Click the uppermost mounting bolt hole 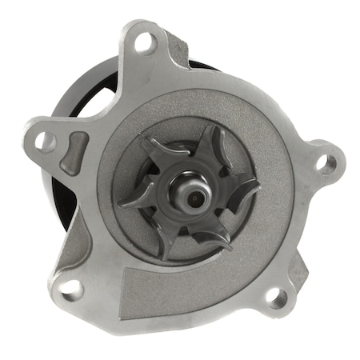tap(145, 42)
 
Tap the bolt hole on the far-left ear tap(45, 142)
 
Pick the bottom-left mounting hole tap(69, 286)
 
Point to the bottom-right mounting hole tap(276, 300)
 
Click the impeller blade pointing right tap(240, 190)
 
